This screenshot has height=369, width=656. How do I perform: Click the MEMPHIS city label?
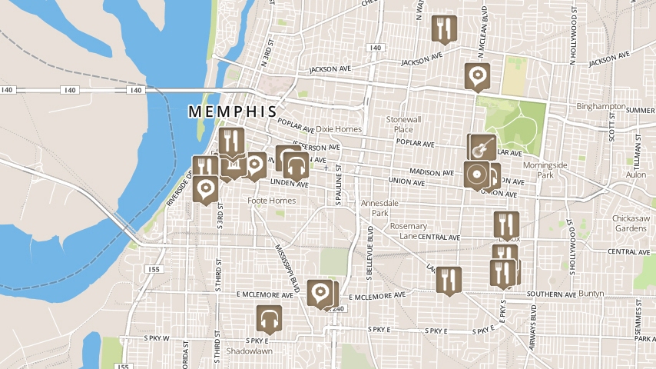(x=232, y=112)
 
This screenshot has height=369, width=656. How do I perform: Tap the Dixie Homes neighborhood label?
(x=339, y=129)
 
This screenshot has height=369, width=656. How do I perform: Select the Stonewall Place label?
(x=404, y=125)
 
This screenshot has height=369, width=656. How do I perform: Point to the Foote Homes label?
(x=272, y=201)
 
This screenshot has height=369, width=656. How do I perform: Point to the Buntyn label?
(x=591, y=294)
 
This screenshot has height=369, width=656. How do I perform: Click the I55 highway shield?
(x=154, y=269)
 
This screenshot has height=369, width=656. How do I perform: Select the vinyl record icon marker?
(x=476, y=174)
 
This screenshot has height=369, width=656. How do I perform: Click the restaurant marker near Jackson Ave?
(x=443, y=28)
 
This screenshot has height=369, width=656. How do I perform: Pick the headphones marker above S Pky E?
(x=268, y=318)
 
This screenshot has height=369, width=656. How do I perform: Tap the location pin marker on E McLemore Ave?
(x=320, y=292)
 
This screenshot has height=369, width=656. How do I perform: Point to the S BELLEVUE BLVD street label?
(x=370, y=238)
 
